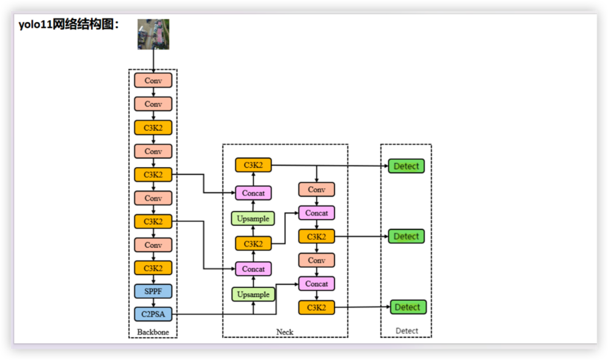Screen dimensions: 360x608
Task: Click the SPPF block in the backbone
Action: tap(153, 291)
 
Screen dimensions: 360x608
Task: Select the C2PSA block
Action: tap(153, 314)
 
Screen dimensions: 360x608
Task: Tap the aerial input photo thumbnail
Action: tap(153, 34)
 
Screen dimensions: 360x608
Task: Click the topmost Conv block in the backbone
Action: tap(153, 81)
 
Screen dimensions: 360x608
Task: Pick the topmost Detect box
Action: tap(406, 166)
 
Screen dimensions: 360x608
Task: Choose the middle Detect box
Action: tap(406, 236)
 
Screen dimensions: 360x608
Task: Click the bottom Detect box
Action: tap(408, 307)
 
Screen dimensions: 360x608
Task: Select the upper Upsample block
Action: tap(253, 218)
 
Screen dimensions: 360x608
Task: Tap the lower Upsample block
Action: tap(253, 294)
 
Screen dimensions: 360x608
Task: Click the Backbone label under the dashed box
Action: tap(153, 332)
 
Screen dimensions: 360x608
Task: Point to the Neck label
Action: tap(284, 332)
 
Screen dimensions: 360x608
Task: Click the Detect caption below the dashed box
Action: tap(407, 331)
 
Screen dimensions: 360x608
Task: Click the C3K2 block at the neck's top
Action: tap(253, 165)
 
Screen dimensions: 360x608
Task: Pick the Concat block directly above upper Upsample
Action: tap(253, 193)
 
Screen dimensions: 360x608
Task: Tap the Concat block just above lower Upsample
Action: tap(253, 268)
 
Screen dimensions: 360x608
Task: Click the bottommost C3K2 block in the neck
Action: tap(316, 308)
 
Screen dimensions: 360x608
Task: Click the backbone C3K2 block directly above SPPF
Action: tap(153, 268)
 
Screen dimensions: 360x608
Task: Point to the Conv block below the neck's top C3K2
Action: tap(316, 189)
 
